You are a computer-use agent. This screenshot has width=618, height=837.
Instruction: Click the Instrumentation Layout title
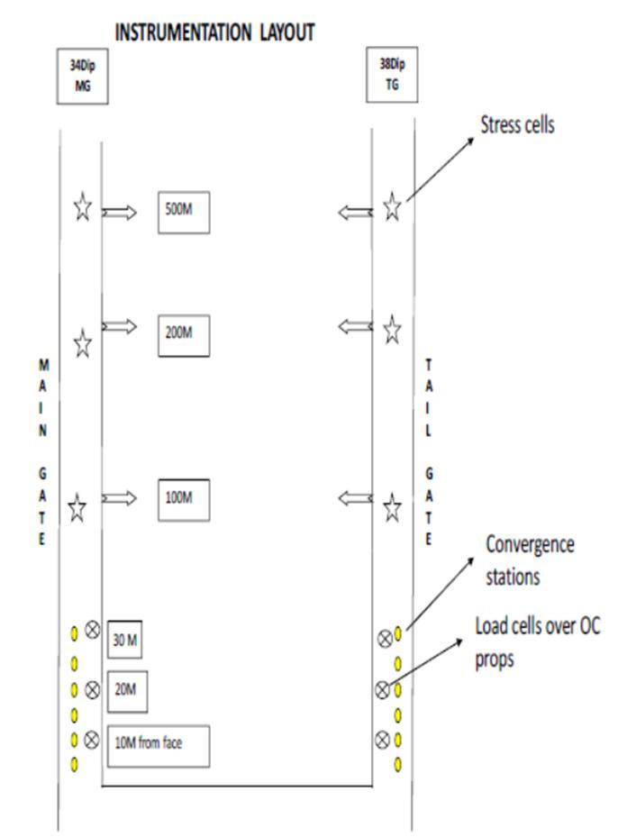pos(214,32)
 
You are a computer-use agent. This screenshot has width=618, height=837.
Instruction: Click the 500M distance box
pos(183,212)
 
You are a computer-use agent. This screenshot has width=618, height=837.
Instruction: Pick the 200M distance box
pos(183,333)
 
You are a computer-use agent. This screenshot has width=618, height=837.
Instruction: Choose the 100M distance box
pos(183,498)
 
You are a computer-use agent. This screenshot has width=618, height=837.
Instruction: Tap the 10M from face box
pos(158,745)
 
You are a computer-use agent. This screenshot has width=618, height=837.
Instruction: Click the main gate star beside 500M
pos(82,208)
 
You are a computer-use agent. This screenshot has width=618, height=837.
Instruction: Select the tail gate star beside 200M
pos(392,331)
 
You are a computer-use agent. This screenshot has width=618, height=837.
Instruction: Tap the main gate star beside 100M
pos(77,508)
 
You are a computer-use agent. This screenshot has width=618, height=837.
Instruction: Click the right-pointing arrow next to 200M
pos(119,326)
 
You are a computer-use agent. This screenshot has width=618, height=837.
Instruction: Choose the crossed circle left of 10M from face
pos(91,740)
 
